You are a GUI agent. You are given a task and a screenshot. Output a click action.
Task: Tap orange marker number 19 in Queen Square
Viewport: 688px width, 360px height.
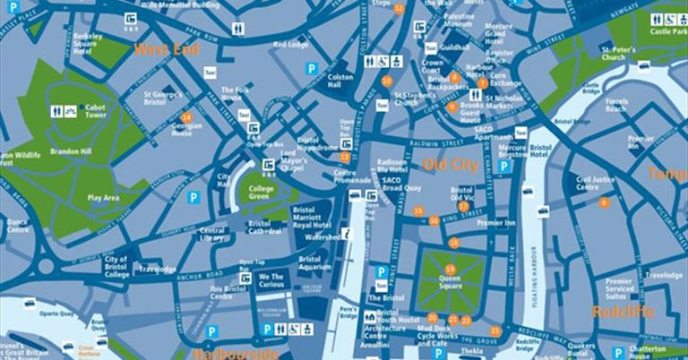[450, 269]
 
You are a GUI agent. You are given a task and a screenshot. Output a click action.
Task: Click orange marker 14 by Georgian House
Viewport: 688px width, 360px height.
[186, 117]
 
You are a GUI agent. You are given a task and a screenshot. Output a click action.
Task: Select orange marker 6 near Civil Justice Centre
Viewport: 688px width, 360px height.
[604, 202]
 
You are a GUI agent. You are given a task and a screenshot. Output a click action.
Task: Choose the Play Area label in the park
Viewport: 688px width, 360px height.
[104, 197]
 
